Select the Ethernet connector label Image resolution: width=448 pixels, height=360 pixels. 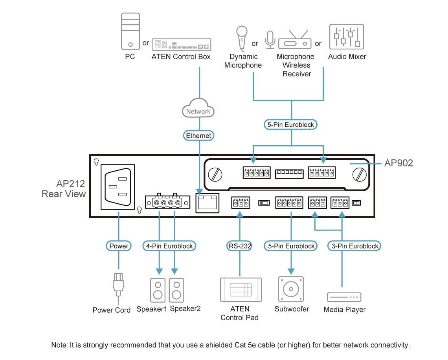(198, 135)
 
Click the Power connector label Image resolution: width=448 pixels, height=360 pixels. (118, 246)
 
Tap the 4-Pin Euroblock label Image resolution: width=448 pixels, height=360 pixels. (169, 246)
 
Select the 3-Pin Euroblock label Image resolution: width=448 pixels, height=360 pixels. (354, 246)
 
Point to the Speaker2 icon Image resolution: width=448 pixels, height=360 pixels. (176, 290)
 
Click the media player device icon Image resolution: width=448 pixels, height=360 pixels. (344, 297)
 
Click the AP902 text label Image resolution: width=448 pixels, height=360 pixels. (398, 163)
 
